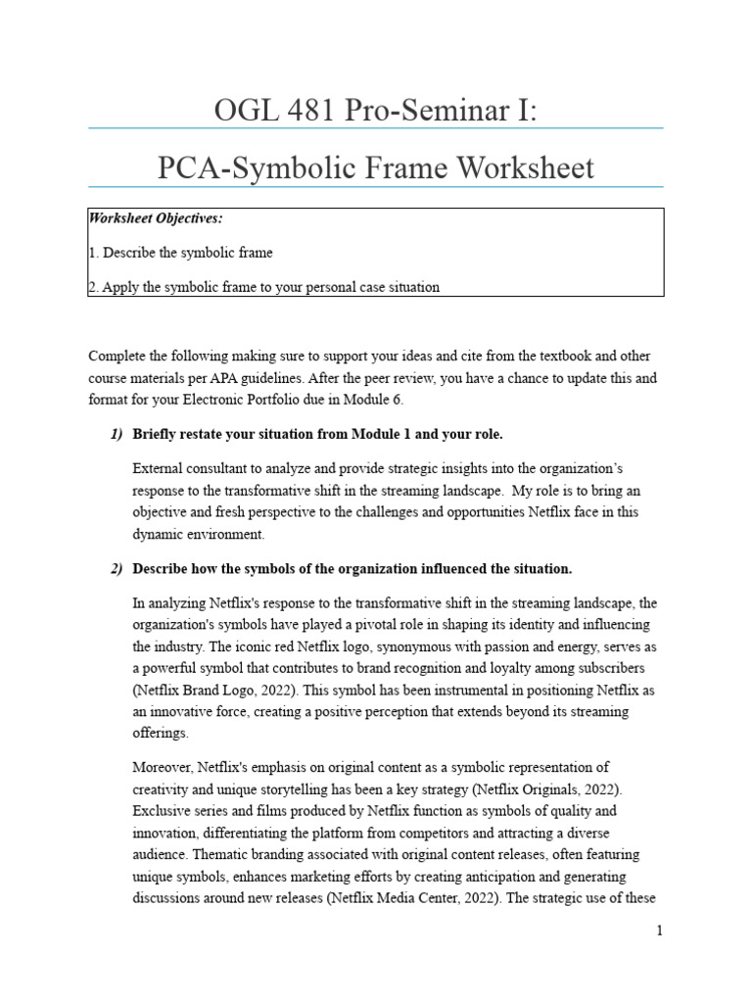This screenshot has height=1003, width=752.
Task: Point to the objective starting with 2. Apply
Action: point(264,287)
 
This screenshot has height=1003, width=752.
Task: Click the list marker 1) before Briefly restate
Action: point(117,434)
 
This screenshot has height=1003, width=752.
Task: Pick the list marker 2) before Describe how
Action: point(117,569)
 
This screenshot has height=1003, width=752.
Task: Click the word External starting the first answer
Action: point(157,466)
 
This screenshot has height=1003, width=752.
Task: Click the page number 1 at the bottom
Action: point(660,931)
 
